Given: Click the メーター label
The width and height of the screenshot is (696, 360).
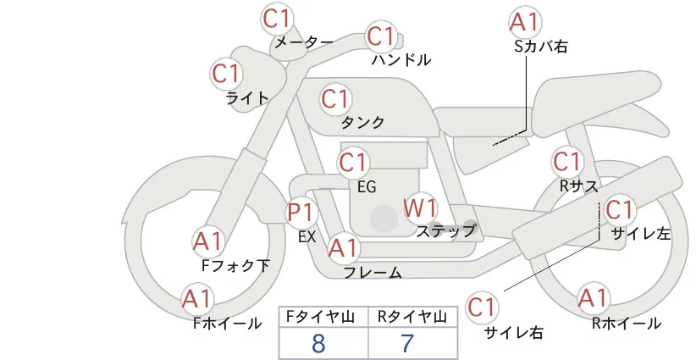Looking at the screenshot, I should (304, 42).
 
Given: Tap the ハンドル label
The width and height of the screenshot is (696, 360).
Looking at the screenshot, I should (401, 60).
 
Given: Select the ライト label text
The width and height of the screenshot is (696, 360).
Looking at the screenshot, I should (247, 97).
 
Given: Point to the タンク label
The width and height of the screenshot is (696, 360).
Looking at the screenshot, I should (362, 123).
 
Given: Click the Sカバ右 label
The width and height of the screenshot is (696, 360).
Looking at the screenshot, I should (540, 47).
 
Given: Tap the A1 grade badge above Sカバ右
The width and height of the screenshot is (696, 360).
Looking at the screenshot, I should (525, 22).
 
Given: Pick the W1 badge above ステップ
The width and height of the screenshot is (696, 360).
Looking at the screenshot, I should (420, 208).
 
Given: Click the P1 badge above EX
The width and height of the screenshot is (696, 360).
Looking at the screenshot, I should (302, 212).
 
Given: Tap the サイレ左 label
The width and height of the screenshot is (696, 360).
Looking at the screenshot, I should (641, 234).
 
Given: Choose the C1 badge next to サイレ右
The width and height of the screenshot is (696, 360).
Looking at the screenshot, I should (483, 307).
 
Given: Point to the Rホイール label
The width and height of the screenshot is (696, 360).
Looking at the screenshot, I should (626, 323).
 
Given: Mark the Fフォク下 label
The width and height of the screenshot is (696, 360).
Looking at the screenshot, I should (235, 266).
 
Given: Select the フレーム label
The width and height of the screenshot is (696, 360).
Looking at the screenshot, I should (372, 273).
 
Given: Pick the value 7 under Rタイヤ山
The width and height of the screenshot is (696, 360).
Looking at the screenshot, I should (407, 343).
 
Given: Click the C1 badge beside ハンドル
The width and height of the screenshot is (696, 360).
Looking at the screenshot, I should (381, 36).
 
